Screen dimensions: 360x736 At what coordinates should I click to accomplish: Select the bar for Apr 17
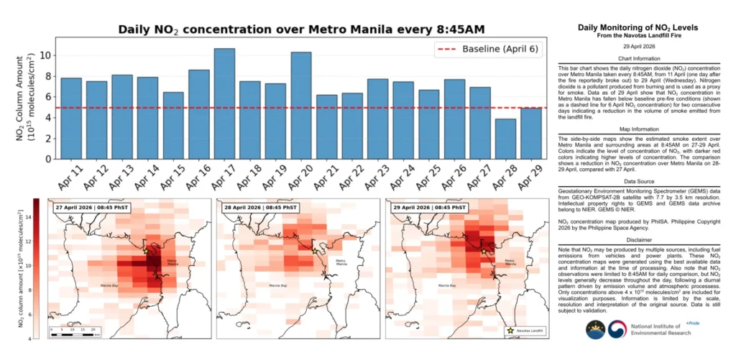(224, 103)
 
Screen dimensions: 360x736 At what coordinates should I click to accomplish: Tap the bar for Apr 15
(173, 125)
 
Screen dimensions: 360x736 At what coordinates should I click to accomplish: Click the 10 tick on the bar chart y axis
(42, 55)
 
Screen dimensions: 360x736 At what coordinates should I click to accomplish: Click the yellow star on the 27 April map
(145, 251)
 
